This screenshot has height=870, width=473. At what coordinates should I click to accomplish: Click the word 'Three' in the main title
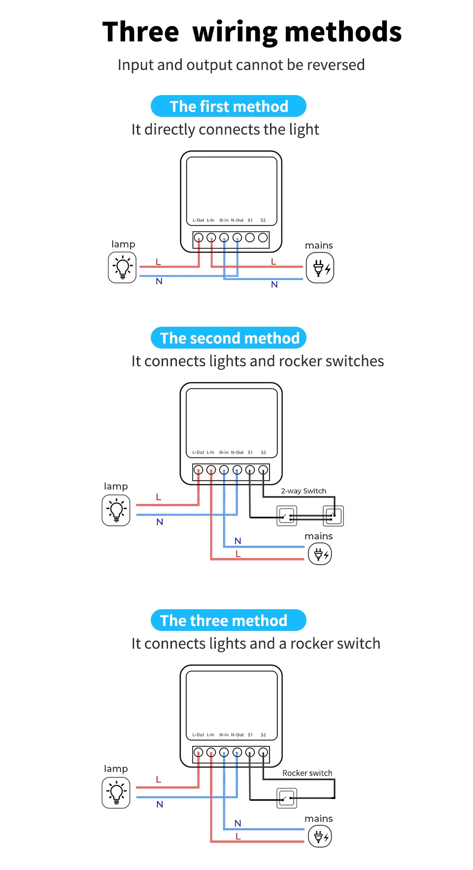(140, 32)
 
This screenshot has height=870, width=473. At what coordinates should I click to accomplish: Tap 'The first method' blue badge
(229, 106)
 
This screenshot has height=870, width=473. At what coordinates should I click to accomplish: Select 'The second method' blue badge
(229, 338)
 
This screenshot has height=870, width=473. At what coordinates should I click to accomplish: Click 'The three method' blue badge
(229, 621)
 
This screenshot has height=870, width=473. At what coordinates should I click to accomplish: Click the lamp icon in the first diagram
(122, 268)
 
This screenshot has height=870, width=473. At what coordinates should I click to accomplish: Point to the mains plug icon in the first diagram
(320, 268)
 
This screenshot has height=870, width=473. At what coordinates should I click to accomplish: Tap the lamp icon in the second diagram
(116, 510)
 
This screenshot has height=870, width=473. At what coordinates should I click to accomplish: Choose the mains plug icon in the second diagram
(320, 554)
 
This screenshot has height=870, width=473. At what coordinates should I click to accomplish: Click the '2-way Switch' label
(304, 491)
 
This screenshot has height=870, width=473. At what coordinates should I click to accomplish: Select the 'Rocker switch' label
(307, 773)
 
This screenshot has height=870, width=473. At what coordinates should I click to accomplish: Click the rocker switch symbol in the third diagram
(287, 798)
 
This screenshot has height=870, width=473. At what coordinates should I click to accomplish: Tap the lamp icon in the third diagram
(116, 793)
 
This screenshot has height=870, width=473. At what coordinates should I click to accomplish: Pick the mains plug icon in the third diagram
(320, 836)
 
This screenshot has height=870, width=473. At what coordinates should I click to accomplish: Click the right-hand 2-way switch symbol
(333, 516)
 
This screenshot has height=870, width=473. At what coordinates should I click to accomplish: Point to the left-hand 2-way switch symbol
(287, 516)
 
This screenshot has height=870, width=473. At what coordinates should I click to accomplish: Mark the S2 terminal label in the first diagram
(263, 220)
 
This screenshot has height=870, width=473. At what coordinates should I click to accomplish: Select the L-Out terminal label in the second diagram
(198, 452)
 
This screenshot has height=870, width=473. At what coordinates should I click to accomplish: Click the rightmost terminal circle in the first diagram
(263, 238)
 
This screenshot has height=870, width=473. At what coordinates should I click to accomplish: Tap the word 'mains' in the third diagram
(319, 819)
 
